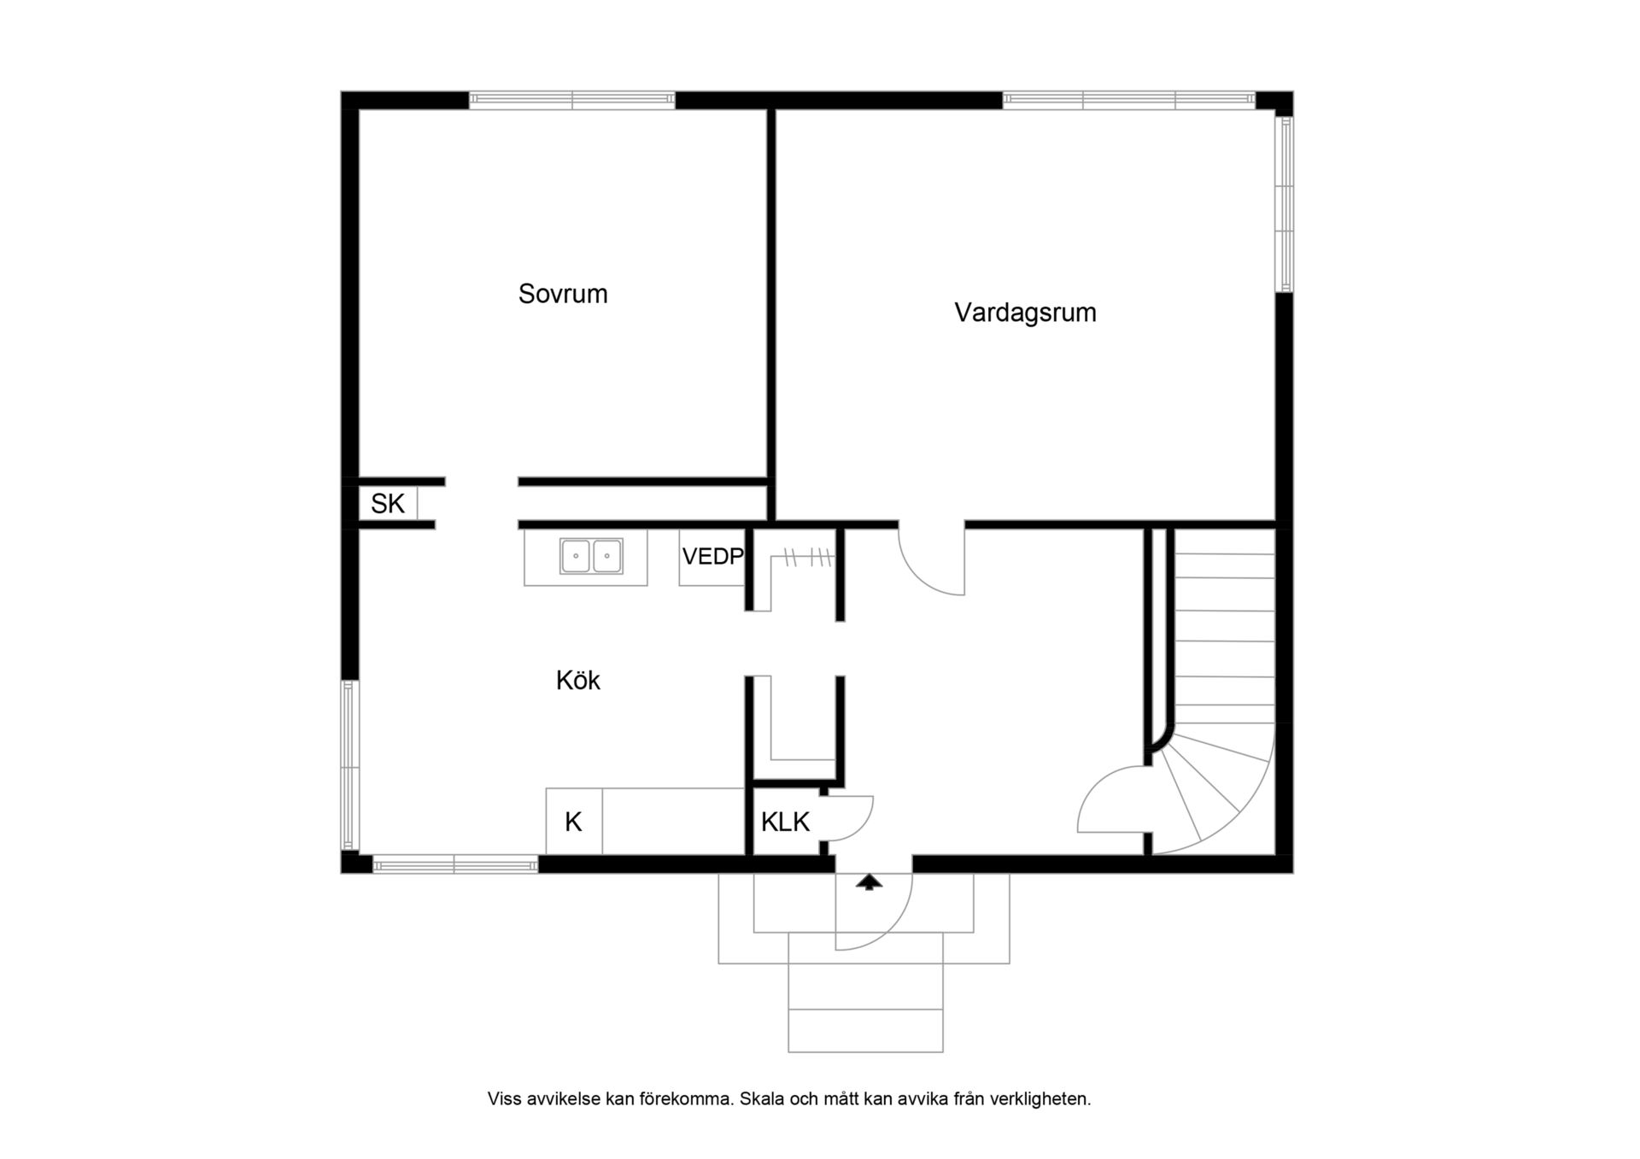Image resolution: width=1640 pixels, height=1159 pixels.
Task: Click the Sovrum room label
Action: pos(563,294)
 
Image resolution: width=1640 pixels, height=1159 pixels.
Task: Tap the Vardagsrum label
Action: pos(1025,313)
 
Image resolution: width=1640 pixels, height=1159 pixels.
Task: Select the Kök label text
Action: pos(578,680)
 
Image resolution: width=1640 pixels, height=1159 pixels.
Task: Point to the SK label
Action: pos(387,504)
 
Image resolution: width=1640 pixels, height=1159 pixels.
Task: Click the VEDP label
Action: pos(712,557)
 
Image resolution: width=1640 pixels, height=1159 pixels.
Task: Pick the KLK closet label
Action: pos(785,822)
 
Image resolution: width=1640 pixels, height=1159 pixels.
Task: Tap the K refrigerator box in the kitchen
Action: pos(574,822)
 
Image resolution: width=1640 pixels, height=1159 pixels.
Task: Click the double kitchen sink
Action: pos(591,556)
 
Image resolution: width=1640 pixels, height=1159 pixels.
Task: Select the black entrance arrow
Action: pos(870,882)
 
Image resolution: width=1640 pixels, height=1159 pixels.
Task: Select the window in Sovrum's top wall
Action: pos(571,100)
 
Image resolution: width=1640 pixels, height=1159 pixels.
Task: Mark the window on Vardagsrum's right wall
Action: pos(1284,204)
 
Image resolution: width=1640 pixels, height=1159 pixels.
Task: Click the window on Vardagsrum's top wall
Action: pos(1128,100)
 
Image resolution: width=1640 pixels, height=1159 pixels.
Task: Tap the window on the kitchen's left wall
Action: pos(349,765)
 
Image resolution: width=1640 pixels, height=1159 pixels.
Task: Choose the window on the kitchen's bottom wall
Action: pos(455,865)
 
